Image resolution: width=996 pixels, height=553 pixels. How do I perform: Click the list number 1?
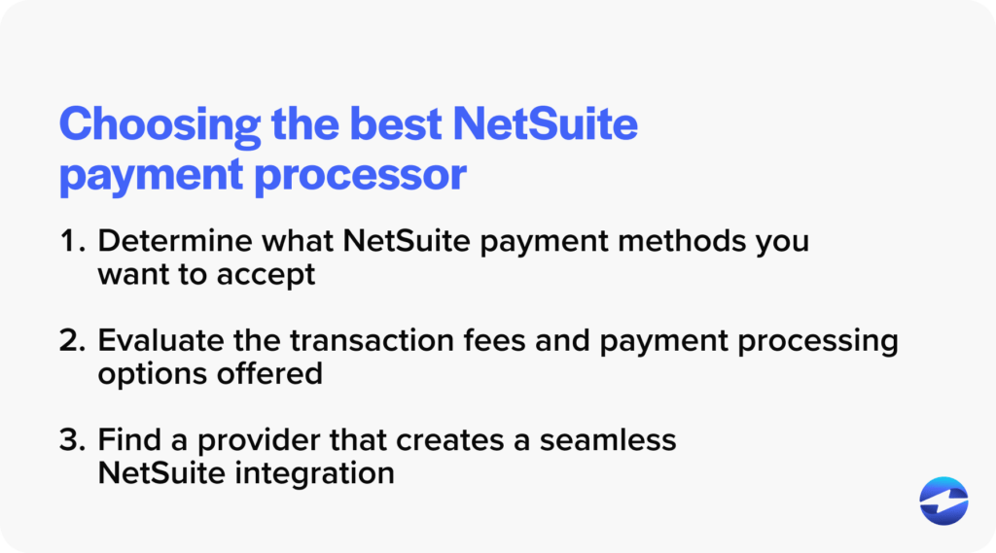pos(70,242)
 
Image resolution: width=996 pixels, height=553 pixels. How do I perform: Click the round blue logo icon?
pos(943,501)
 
